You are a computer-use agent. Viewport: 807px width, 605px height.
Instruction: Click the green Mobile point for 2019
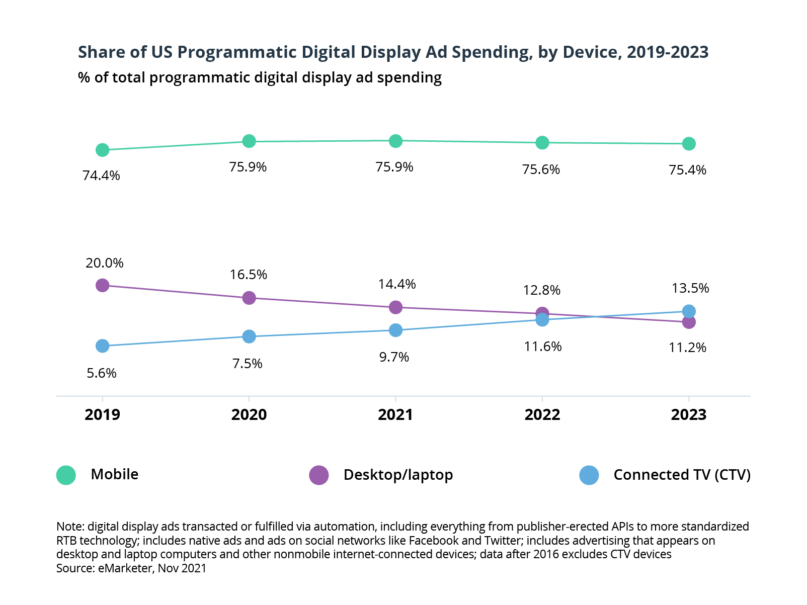tap(102, 150)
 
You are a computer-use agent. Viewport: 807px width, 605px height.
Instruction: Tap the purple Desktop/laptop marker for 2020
tap(249, 298)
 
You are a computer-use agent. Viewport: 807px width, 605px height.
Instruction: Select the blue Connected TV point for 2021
tap(396, 330)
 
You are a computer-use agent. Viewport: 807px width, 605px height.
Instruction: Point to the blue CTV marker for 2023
tap(689, 311)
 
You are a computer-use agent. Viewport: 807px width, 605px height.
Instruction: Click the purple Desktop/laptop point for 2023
tap(689, 322)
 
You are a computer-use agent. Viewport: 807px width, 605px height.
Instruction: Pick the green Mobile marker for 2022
tap(542, 143)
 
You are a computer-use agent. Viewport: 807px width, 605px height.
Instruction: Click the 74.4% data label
tap(101, 176)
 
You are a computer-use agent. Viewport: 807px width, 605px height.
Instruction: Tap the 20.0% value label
tap(104, 263)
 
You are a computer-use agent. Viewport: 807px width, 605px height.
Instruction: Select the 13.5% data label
tap(690, 288)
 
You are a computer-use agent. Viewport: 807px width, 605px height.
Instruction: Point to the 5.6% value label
tap(102, 373)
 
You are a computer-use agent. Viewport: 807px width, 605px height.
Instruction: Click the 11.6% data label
tap(542, 347)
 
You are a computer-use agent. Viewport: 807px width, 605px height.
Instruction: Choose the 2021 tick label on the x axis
tap(395, 415)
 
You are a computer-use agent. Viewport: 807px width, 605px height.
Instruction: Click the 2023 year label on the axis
tap(689, 415)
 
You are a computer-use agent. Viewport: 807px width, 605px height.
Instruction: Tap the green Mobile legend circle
tap(66, 475)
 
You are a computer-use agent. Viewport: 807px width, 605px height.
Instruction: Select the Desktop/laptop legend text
tap(398, 475)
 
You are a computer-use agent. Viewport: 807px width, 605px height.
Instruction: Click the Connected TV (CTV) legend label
tap(682, 475)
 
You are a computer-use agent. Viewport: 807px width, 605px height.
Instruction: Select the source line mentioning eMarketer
tap(131, 568)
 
